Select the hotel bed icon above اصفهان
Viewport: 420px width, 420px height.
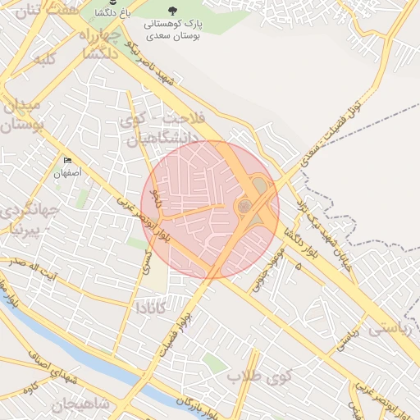coord(67,161)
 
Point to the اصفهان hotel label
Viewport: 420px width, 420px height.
coord(69,173)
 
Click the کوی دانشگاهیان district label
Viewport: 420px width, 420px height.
coord(151,130)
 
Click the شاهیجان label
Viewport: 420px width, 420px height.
coord(80,405)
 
